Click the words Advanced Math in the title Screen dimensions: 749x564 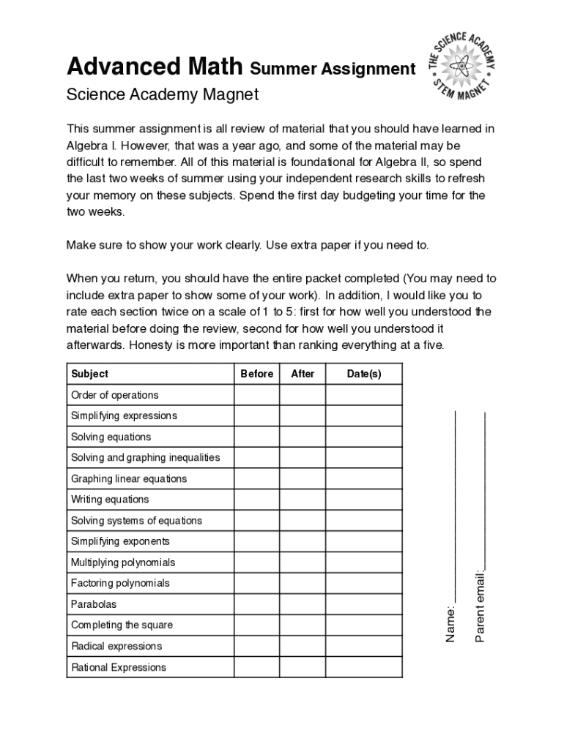click(x=155, y=67)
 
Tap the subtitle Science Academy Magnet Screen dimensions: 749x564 click(x=163, y=95)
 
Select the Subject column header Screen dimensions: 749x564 click(x=89, y=374)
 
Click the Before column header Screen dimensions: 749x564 click(x=256, y=374)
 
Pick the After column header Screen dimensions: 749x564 click(x=303, y=374)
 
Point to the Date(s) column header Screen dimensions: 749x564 click(x=364, y=374)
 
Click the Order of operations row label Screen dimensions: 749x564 click(x=115, y=395)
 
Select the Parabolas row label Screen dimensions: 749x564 click(x=94, y=604)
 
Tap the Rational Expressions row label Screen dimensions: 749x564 click(x=119, y=667)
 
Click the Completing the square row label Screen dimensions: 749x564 click(x=122, y=625)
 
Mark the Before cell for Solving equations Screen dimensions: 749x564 click(x=256, y=437)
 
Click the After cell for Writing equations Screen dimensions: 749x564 click(x=303, y=500)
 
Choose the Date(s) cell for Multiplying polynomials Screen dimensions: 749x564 click(x=364, y=562)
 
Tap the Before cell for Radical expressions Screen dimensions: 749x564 click(x=256, y=646)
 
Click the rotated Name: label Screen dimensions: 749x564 click(x=452, y=624)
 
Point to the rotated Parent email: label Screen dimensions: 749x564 click(x=480, y=606)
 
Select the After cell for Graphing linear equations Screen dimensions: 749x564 click(x=303, y=478)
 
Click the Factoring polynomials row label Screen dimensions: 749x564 click(x=120, y=583)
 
